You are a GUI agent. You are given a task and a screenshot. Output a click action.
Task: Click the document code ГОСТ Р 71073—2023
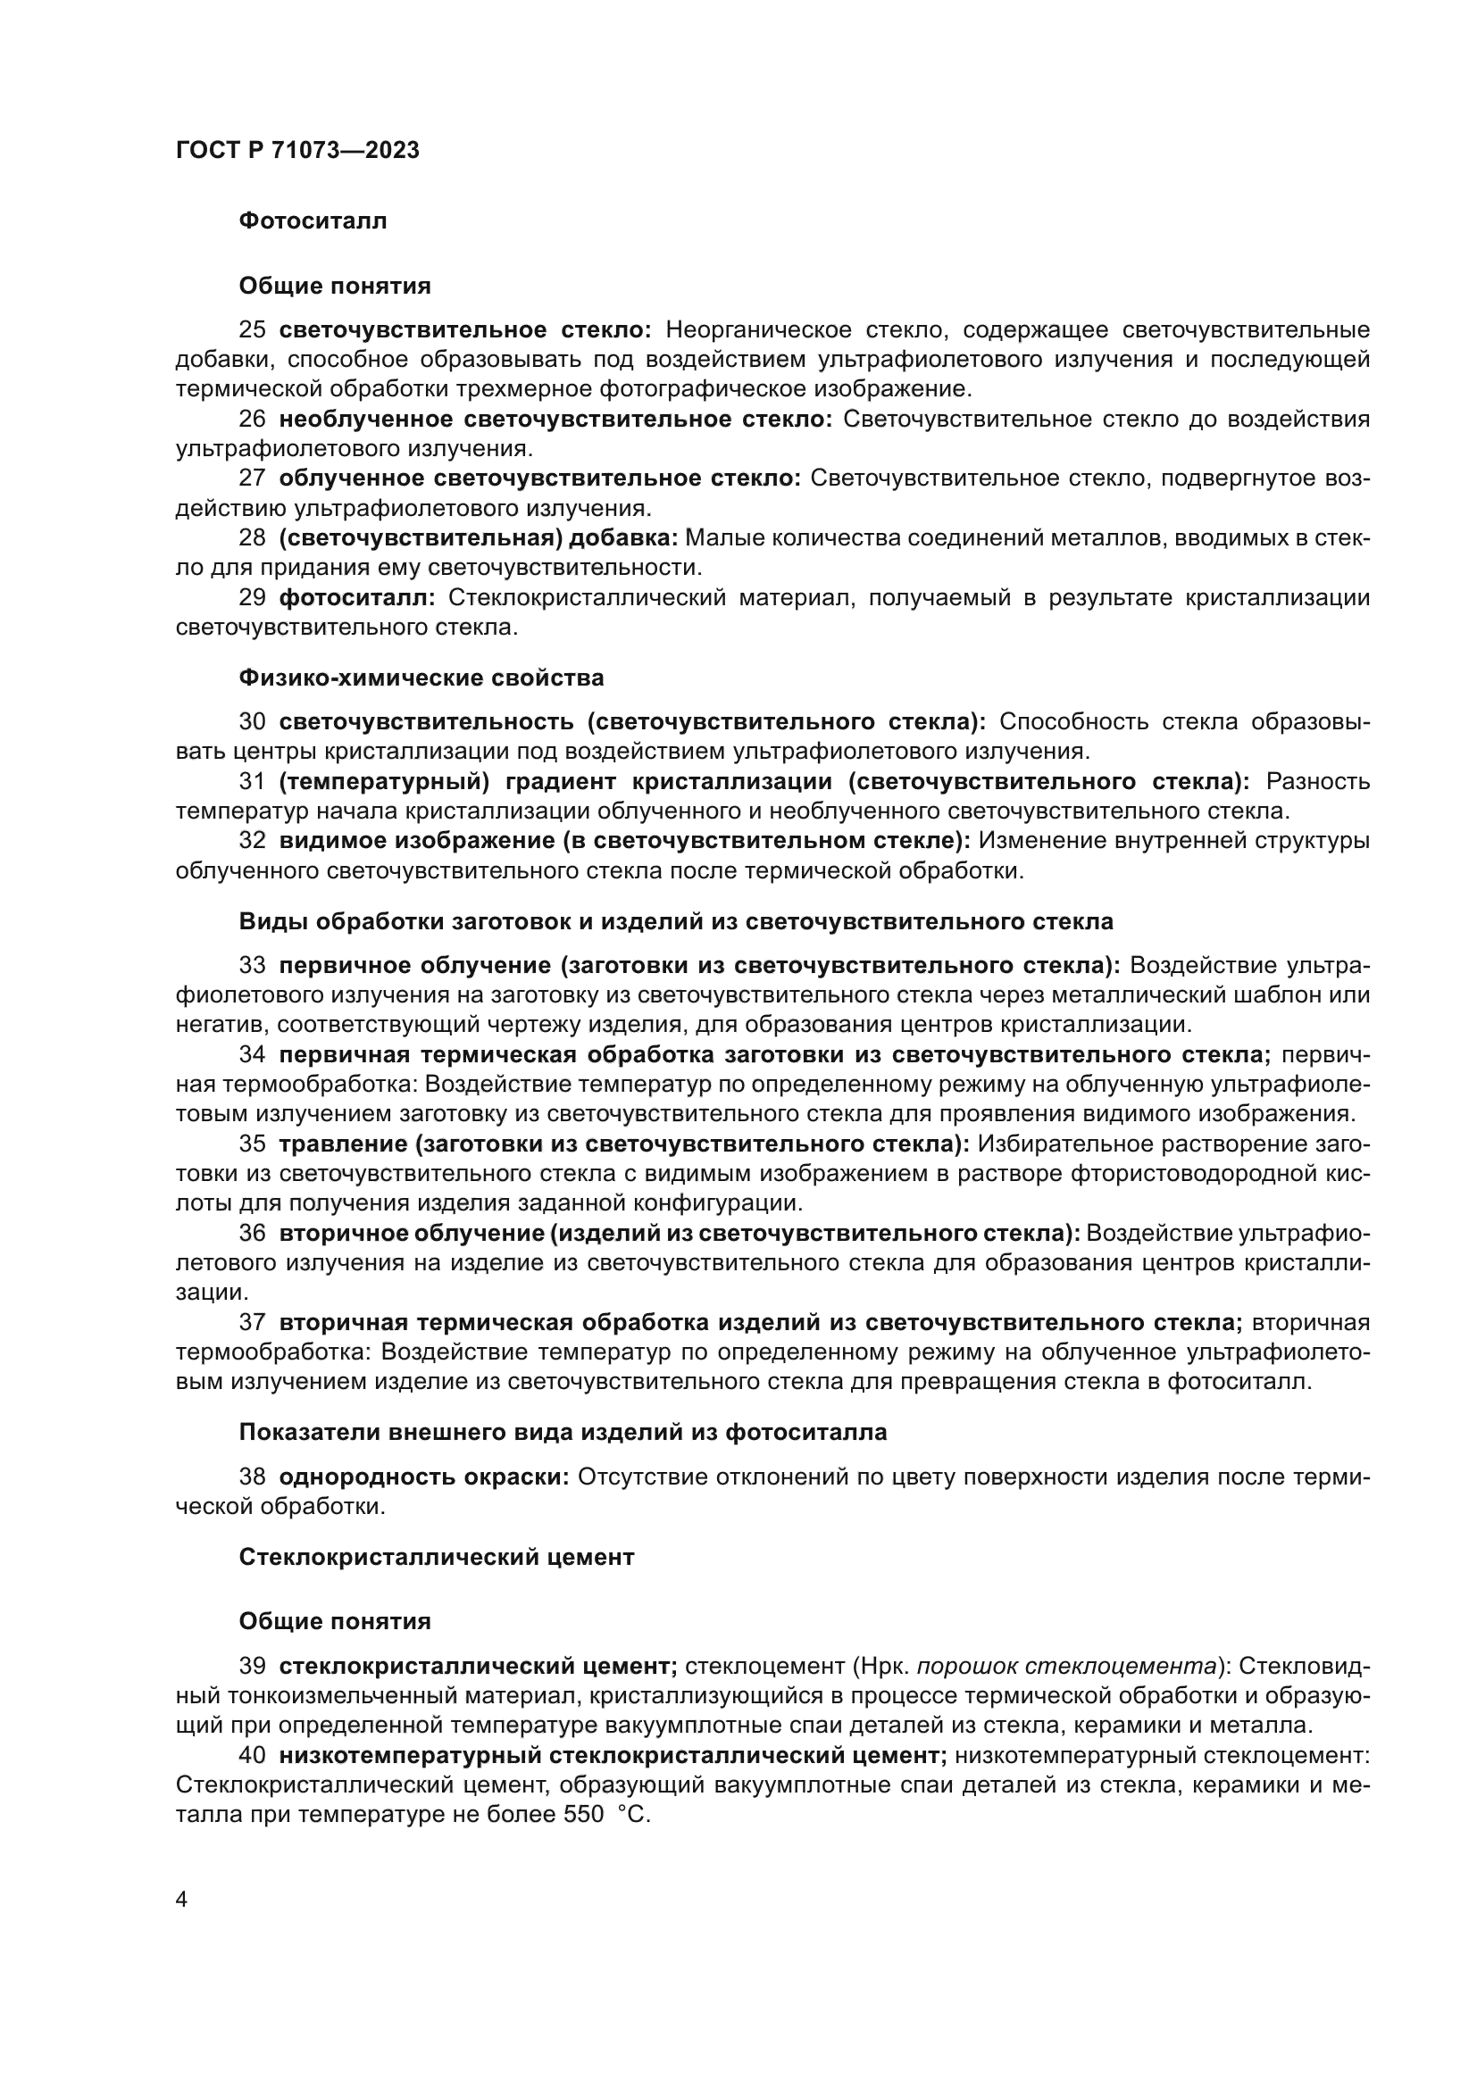click(x=297, y=150)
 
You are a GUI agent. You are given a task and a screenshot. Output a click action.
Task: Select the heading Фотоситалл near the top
click(x=313, y=221)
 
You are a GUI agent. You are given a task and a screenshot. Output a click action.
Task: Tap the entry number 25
click(x=252, y=330)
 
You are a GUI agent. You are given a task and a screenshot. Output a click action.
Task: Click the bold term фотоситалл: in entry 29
click(x=356, y=597)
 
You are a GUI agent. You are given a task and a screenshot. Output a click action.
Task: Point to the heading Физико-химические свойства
click(x=421, y=678)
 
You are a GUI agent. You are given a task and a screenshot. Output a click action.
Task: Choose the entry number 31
click(x=252, y=781)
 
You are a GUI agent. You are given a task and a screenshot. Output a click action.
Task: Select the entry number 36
click(x=252, y=1232)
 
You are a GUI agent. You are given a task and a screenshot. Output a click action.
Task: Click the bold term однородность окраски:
click(x=423, y=1476)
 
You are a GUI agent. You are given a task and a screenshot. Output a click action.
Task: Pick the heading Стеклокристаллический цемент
click(x=437, y=1557)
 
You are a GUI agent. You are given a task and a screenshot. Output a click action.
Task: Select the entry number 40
click(x=252, y=1755)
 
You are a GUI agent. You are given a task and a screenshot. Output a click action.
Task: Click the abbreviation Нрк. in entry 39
click(x=882, y=1666)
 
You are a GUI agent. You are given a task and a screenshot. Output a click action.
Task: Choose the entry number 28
click(x=252, y=538)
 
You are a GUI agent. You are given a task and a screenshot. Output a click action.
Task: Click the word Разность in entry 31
click(x=1317, y=781)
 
